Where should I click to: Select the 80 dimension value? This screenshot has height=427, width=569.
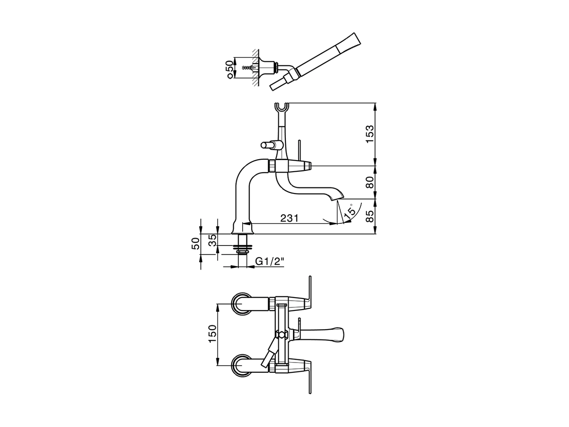(370, 182)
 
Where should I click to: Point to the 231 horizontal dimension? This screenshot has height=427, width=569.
(289, 218)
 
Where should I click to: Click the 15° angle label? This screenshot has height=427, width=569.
(351, 210)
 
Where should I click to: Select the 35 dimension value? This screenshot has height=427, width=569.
(213, 240)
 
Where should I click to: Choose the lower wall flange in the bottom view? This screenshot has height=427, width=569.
(241, 365)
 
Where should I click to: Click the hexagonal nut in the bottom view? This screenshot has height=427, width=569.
(281, 334)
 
